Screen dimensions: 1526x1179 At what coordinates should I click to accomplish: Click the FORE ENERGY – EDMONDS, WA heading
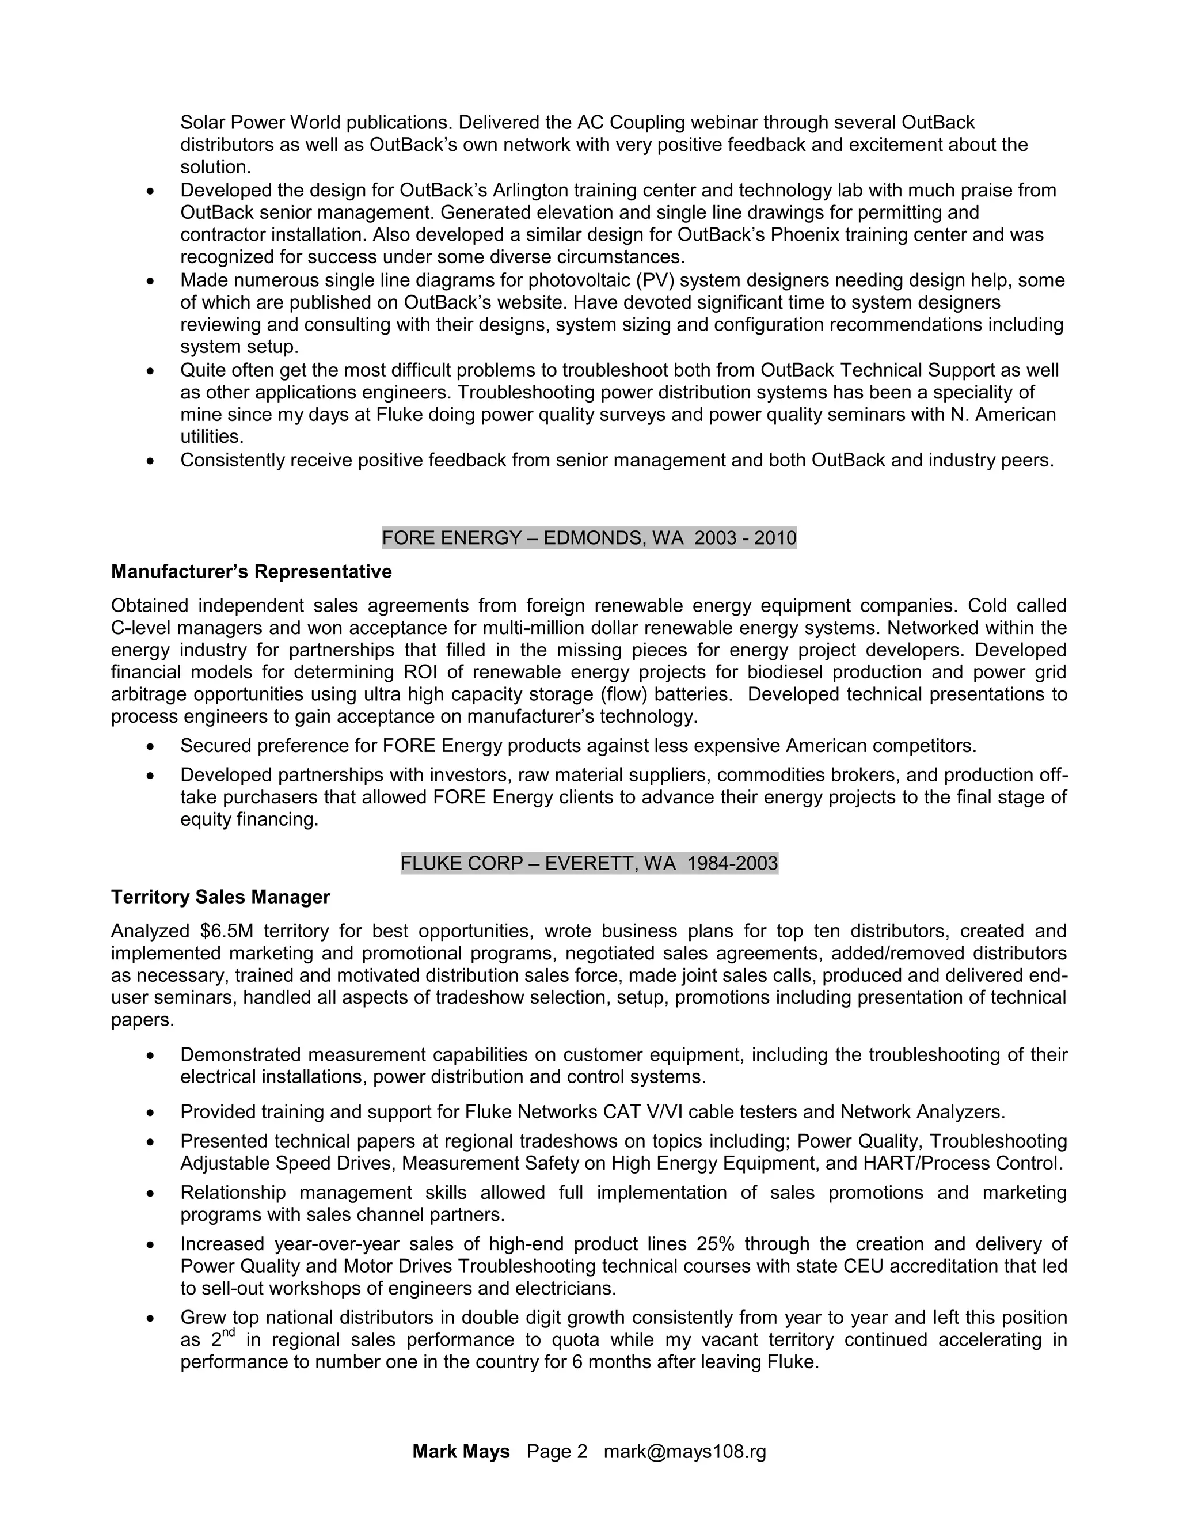[x=589, y=538]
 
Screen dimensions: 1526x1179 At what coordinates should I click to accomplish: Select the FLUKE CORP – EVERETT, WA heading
[x=589, y=864]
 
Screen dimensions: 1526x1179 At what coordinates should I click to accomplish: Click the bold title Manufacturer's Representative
[x=252, y=572]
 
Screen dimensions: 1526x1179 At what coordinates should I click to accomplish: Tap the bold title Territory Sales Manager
[x=220, y=897]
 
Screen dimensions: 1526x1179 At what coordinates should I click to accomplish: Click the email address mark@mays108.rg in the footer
[x=684, y=1452]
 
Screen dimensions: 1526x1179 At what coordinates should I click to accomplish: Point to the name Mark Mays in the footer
[x=461, y=1452]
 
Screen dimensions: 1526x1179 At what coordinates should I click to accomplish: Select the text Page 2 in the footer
[x=557, y=1452]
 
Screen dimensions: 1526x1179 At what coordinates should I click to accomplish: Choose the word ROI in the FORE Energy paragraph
[x=421, y=672]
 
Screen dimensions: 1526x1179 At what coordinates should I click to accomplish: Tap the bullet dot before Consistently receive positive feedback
[x=150, y=461]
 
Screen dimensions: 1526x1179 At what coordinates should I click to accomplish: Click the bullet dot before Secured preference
[x=150, y=747]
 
